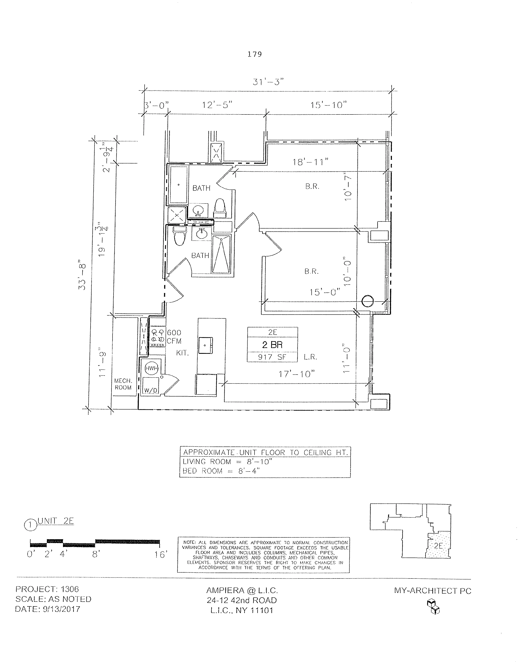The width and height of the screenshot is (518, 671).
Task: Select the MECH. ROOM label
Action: point(123,384)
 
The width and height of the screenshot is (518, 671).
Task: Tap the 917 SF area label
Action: point(272,357)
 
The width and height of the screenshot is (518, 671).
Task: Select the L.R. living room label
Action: point(310,357)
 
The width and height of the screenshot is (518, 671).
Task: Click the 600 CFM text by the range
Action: point(174,337)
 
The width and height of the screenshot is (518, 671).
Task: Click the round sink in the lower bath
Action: point(202,234)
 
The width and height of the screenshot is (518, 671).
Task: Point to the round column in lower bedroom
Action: point(368,301)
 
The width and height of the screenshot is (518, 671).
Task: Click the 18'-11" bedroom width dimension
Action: point(311,162)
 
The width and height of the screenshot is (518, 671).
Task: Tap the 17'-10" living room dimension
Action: point(297,374)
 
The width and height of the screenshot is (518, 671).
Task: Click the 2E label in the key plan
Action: point(438,546)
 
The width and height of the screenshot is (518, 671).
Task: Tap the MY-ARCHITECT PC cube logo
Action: point(433,607)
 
